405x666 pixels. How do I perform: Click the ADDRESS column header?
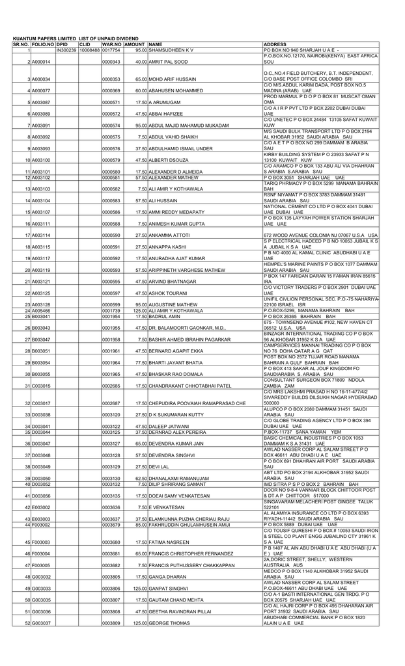[x=275, y=44]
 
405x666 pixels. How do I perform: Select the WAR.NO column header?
[x=111, y=44]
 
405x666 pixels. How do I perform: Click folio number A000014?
[x=41, y=62]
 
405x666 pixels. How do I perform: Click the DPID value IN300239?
[x=67, y=49]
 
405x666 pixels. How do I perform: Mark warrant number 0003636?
[x=111, y=526]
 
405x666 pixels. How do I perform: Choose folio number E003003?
[x=41, y=537]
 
